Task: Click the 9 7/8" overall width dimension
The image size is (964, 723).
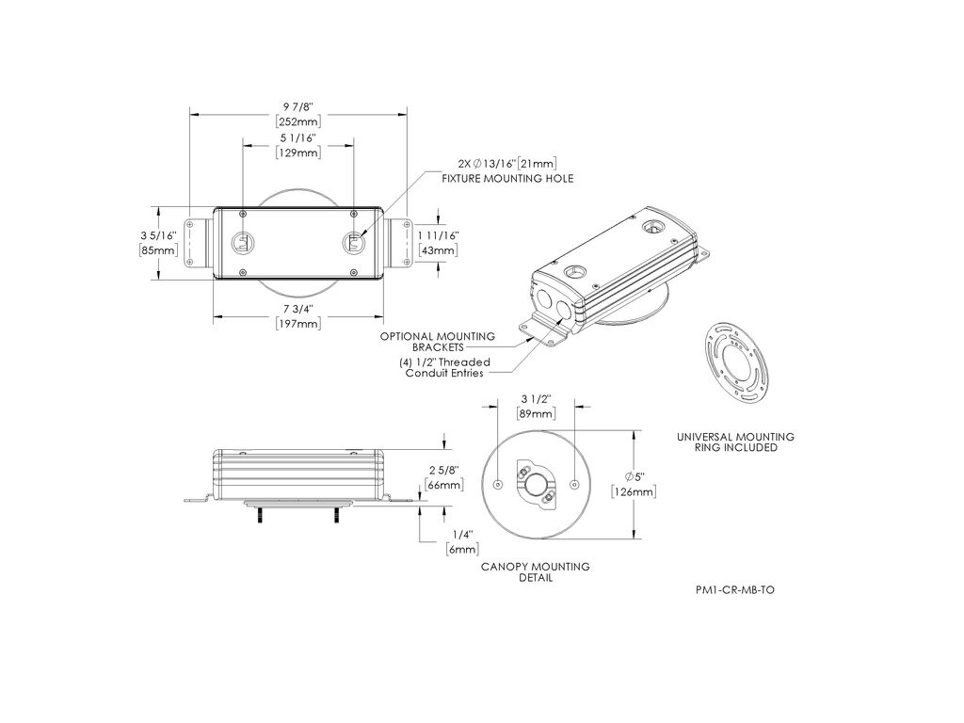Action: (298, 107)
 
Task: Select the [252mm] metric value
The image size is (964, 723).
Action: (298, 121)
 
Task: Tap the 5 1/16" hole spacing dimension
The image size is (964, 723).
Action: (298, 138)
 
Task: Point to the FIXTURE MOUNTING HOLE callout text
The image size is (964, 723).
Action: (507, 178)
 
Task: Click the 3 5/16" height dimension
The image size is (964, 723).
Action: (158, 235)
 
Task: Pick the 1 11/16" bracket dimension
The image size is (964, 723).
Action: (439, 235)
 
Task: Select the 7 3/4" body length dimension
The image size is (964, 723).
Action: (298, 308)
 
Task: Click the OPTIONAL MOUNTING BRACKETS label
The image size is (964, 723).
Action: (437, 342)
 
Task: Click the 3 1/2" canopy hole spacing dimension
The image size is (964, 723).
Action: (536, 399)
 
